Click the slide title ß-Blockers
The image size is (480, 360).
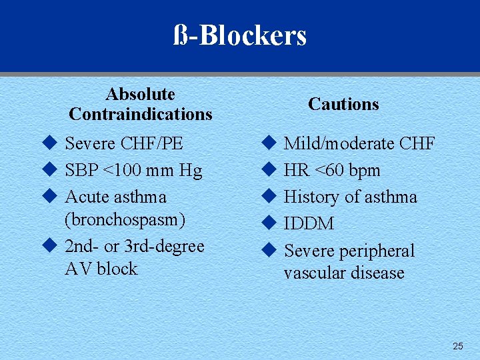tap(240, 35)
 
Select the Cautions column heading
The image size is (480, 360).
tap(343, 104)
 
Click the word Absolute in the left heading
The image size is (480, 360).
tap(140, 94)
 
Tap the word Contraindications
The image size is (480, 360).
tap(140, 114)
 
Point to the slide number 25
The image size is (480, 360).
tap(457, 346)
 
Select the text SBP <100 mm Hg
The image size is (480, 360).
tap(133, 171)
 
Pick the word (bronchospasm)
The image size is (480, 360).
tap(125, 219)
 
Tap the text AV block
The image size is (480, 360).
tap(101, 269)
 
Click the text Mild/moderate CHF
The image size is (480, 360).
tap(359, 143)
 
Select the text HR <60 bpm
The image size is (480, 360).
tap(332, 171)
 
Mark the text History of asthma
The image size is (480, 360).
tap(350, 197)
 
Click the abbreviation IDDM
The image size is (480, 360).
tap(309, 224)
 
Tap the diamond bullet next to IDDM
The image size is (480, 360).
tap(268, 223)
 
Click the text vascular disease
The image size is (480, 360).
tap(344, 273)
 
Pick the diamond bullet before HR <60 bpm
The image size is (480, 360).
tap(268, 170)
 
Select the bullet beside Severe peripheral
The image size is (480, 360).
tap(268, 251)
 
